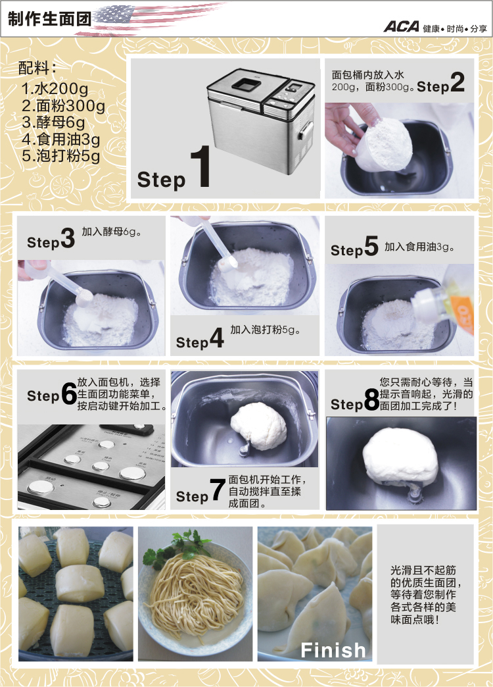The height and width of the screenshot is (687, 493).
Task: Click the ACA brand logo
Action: (401, 27)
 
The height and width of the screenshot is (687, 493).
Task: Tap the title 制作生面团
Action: (41, 19)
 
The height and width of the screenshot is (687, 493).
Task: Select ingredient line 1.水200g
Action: (55, 89)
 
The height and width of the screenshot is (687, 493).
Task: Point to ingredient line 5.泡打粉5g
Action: (60, 156)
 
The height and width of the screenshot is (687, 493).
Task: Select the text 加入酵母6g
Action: (112, 232)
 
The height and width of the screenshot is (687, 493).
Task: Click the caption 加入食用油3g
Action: (420, 247)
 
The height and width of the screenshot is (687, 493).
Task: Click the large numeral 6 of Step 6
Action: (68, 395)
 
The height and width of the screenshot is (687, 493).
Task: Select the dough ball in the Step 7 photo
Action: (259, 424)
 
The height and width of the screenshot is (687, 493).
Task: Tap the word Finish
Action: (333, 650)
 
